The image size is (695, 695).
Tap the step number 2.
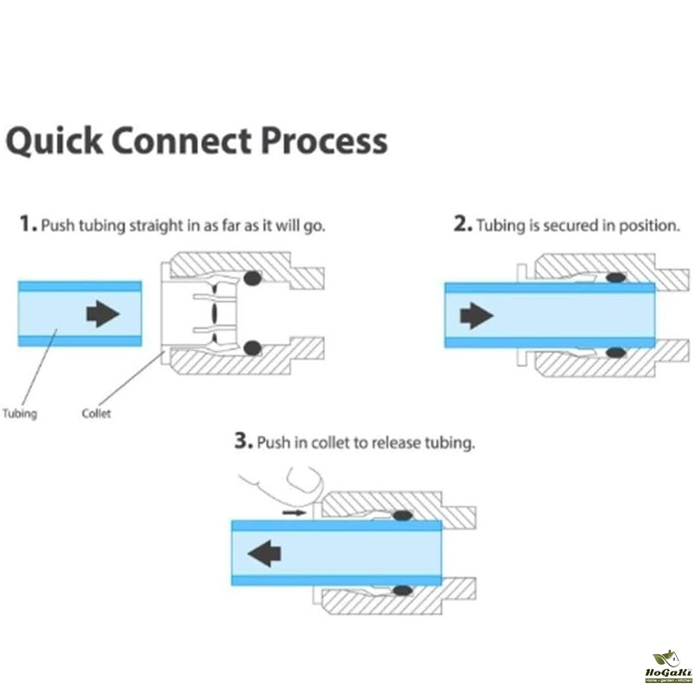coord(461,224)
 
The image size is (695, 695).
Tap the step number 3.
coord(242,442)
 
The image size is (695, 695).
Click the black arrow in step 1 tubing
coord(103,314)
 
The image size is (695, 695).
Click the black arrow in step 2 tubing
coord(475,315)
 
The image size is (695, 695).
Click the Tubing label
coord(20,414)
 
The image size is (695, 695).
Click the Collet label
coord(96,414)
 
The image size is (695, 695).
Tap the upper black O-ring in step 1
coord(253,279)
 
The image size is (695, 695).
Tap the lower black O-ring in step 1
coord(253,347)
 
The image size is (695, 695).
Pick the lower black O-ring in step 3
coord(401,590)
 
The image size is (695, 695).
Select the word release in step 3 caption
coord(397,443)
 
